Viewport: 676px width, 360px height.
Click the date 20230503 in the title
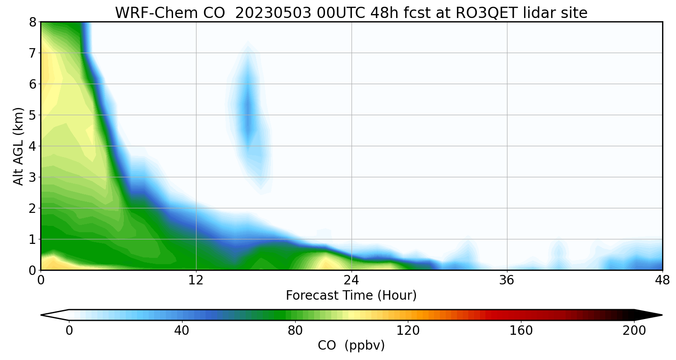click(x=273, y=13)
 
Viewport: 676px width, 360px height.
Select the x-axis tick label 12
click(x=196, y=281)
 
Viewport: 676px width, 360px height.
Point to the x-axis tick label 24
click(x=352, y=281)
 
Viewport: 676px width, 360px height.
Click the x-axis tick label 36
click(x=507, y=281)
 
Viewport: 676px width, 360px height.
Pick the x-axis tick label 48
click(x=662, y=281)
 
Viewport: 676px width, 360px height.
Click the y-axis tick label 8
click(x=32, y=22)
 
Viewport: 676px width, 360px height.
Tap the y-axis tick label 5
click(x=32, y=115)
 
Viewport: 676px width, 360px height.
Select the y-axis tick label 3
click(x=32, y=177)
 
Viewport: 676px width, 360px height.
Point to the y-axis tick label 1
click(x=32, y=239)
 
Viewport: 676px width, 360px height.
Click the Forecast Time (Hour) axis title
click(x=351, y=296)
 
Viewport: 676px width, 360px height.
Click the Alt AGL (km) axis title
click(x=18, y=146)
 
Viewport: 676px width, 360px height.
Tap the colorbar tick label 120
click(x=408, y=331)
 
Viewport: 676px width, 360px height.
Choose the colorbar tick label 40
click(x=182, y=331)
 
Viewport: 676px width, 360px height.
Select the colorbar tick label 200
click(x=634, y=331)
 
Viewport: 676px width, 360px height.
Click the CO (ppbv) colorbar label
click(x=351, y=346)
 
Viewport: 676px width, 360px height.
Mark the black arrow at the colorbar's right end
click(x=648, y=315)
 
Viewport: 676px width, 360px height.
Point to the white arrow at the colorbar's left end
click(x=55, y=315)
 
